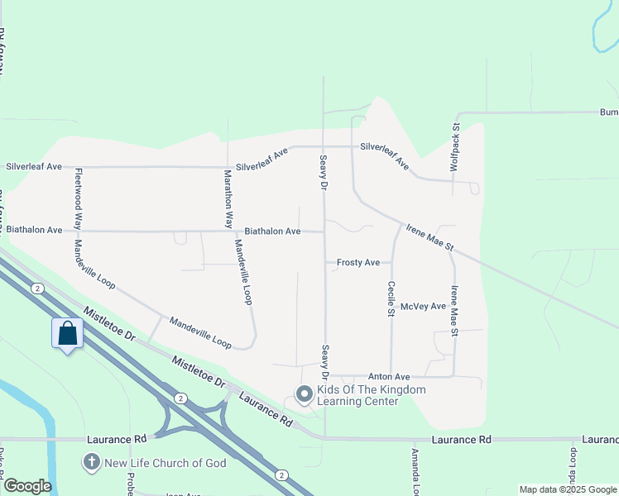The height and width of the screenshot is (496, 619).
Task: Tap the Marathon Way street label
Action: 228,199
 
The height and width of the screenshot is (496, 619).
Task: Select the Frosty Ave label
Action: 357,263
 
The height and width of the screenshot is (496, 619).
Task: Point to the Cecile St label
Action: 391,298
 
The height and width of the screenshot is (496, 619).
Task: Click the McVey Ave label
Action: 423,307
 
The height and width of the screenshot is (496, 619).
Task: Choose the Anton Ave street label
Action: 390,376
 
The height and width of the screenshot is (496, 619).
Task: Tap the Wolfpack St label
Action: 454,148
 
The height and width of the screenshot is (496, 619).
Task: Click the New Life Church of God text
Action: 165,463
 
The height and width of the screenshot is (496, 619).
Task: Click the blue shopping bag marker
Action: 68,334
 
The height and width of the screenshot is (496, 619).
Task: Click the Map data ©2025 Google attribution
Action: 568,489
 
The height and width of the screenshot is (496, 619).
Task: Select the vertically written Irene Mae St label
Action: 453,311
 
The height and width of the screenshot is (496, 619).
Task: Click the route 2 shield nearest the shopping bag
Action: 37,288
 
